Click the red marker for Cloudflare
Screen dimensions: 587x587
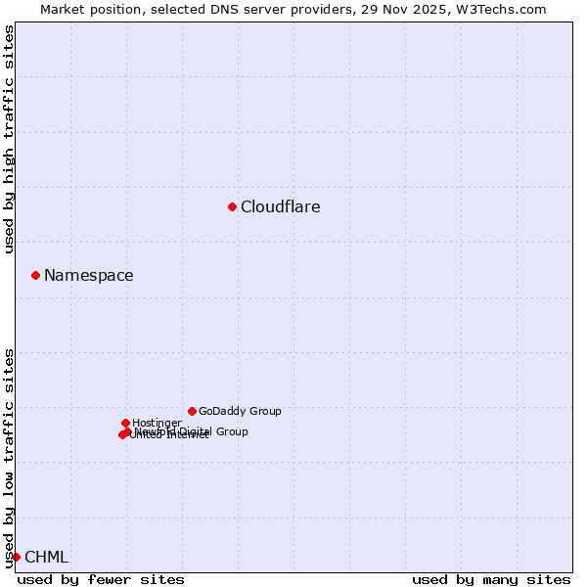[x=232, y=206]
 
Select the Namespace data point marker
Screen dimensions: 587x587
[x=35, y=275]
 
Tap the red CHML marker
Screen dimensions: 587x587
[x=16, y=557]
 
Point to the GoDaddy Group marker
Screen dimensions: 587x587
[x=192, y=411]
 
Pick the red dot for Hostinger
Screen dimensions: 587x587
[x=125, y=423]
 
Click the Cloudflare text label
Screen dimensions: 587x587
[x=280, y=206]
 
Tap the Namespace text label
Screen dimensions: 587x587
[x=88, y=276]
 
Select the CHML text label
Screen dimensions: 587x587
[x=46, y=558]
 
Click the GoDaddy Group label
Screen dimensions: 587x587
[x=240, y=411]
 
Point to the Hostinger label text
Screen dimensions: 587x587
[x=157, y=423]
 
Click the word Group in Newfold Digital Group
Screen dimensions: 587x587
[x=231, y=431]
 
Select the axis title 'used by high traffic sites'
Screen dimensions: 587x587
[x=10, y=139]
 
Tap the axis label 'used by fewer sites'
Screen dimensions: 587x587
[x=101, y=579]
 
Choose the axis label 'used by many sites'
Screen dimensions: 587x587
[x=491, y=579]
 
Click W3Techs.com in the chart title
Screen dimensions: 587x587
[x=499, y=10]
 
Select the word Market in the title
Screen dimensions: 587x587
[x=64, y=10]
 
